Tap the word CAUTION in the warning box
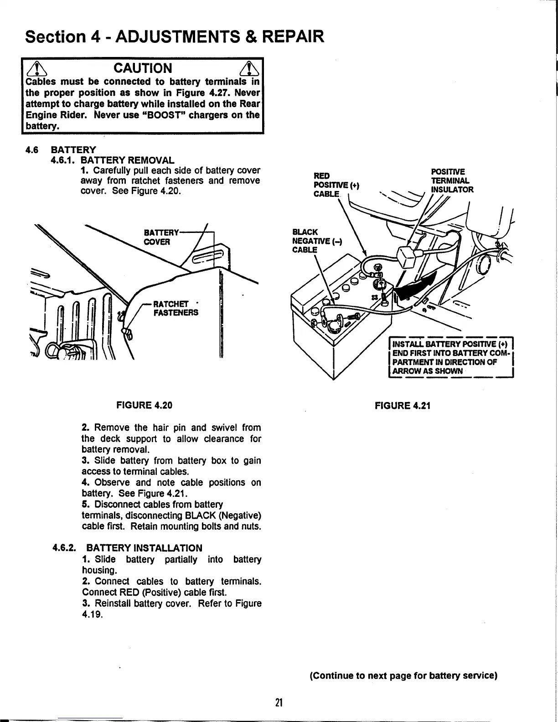(x=142, y=68)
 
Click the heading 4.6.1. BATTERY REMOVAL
(x=113, y=160)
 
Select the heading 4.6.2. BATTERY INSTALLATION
(x=128, y=547)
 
